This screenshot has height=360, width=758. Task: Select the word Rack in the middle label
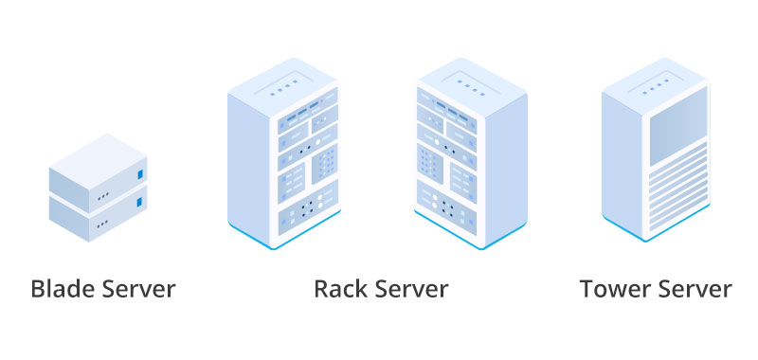[338, 289]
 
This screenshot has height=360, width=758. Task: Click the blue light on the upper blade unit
[141, 175]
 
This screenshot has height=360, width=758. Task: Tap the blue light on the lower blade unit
[141, 202]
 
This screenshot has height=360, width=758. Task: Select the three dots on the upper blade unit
[101, 197]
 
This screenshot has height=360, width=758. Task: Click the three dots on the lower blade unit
[101, 224]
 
